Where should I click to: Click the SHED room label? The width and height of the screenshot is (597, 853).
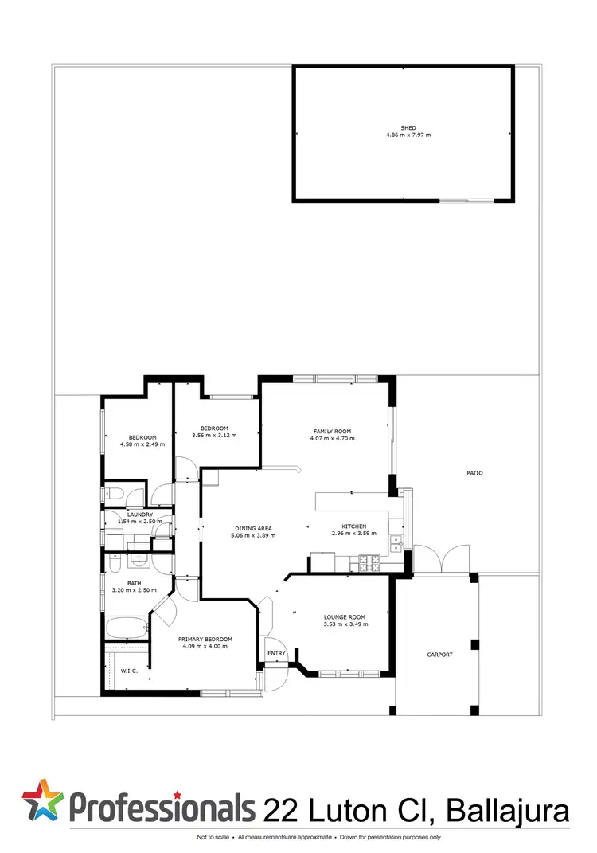click(408, 127)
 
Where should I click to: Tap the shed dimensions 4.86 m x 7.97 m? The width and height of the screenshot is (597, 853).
click(408, 135)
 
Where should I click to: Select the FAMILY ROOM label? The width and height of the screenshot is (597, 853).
click(332, 431)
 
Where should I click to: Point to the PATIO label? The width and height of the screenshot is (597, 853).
click(474, 473)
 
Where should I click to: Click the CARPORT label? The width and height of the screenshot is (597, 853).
click(439, 655)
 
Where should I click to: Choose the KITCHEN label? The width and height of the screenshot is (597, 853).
click(354, 526)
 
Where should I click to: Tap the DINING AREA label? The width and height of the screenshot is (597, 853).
click(254, 528)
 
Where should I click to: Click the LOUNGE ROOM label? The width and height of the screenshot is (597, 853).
click(345, 617)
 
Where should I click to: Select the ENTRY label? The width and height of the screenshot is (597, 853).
click(276, 654)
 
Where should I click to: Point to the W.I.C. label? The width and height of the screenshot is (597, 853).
click(129, 671)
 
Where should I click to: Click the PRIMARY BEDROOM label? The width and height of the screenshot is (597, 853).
click(205, 640)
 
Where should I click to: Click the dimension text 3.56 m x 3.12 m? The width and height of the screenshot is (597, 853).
click(215, 435)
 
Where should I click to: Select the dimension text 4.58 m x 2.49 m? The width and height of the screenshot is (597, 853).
click(142, 444)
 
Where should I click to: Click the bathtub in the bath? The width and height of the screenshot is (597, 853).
click(126, 628)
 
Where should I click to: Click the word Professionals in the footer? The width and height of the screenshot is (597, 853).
click(162, 808)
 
